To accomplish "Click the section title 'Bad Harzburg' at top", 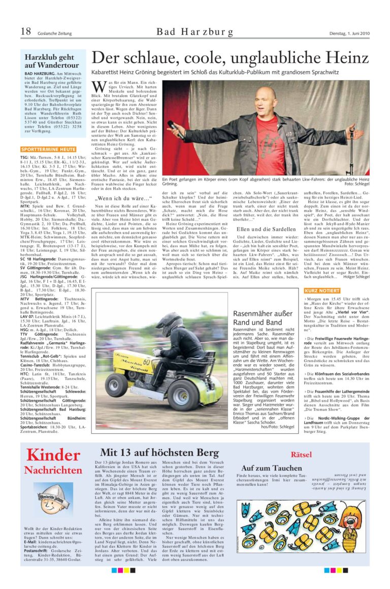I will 194,33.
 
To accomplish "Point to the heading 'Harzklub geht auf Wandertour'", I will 52,61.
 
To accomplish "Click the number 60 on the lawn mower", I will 147,347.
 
